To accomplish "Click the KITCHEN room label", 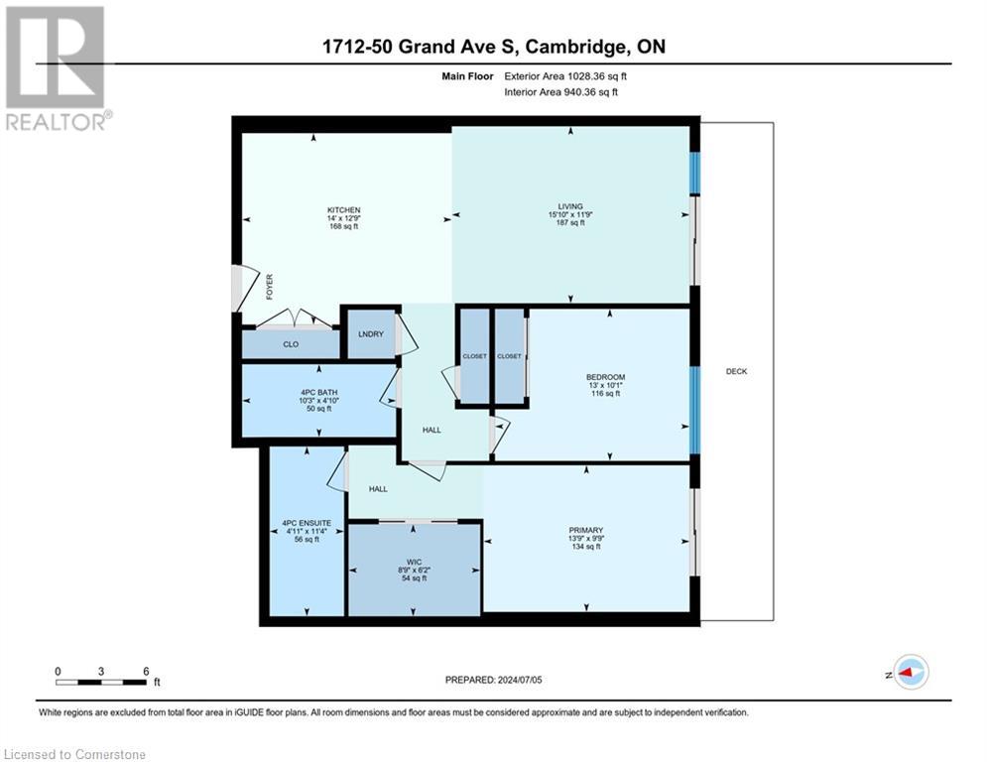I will coord(343,210).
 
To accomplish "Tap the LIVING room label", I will coord(569,206).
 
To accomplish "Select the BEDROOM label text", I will coord(605,377).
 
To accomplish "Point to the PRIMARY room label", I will coord(586,530).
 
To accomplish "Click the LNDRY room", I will coord(370,334).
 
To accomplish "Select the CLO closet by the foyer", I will coord(291,345).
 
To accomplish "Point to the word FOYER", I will coord(268,288).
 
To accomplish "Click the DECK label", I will coord(735,371).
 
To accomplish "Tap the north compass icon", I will coord(909,673).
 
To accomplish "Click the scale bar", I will coord(102,682).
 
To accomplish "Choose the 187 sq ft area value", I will coord(569,223).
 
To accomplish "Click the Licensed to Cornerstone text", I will coord(74,754).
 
